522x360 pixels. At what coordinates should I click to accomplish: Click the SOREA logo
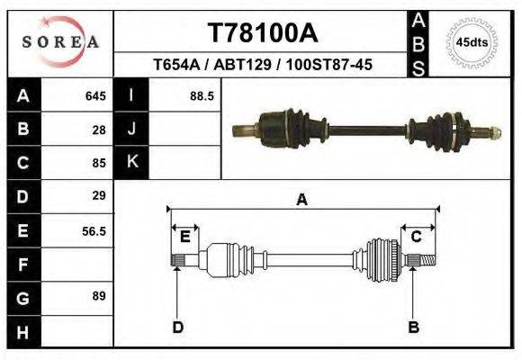coord(59,42)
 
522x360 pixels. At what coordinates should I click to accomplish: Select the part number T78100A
coord(262,33)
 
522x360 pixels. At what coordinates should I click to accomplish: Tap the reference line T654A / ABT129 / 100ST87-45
coord(263,65)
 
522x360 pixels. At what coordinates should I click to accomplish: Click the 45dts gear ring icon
coord(472,42)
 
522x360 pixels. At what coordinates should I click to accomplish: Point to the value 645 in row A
coord(95,95)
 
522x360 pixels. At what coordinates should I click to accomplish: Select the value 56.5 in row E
coord(94,230)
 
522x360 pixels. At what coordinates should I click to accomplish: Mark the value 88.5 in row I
coord(201,95)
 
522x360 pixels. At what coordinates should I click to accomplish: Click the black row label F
coord(23,264)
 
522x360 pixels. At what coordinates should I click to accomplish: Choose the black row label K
coord(132,162)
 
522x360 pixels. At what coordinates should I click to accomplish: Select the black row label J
coord(132,129)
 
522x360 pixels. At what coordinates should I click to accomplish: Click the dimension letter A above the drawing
coord(302,200)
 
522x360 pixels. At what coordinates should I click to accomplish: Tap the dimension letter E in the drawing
coord(184,237)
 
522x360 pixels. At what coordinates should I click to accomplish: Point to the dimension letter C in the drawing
coord(417,237)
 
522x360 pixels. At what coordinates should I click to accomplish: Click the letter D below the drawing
coord(177,327)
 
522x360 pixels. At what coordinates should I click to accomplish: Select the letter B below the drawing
coord(414,327)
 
